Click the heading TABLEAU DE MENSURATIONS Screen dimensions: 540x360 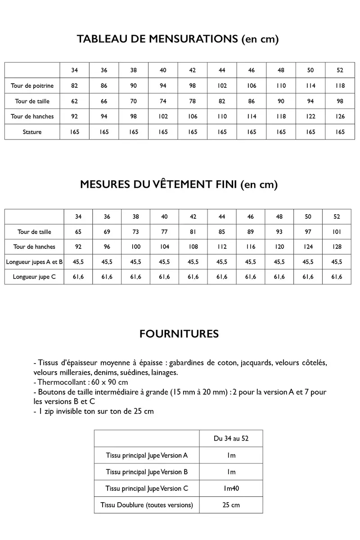point(178,39)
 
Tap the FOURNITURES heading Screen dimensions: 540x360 point(179,334)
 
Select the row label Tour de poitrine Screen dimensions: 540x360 point(32,85)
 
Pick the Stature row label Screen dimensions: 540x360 point(32,132)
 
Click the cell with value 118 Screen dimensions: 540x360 point(340,85)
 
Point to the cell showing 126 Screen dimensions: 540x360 point(340,117)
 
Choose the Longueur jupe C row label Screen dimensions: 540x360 point(35,277)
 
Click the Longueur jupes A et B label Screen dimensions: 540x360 point(34,261)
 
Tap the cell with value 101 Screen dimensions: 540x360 point(337,232)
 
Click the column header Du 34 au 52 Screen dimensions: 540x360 point(231,438)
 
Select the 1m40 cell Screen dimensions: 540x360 point(231,488)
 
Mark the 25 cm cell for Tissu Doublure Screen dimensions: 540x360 point(231,505)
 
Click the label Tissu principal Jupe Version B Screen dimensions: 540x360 point(147,472)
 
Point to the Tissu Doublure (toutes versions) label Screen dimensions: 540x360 point(147,505)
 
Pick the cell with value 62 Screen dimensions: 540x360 point(74,101)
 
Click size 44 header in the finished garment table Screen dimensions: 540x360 point(222,216)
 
